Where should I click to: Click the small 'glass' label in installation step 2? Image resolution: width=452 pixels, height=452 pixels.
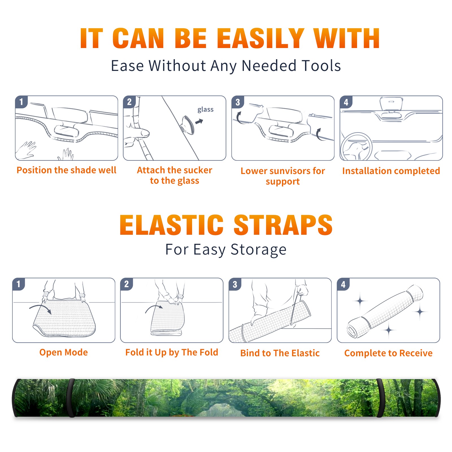[205, 110]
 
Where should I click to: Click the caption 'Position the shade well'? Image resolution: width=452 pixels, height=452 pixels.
[66, 170]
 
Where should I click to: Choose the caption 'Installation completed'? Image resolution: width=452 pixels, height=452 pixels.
[391, 171]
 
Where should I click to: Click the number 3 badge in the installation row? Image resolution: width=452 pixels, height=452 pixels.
[238, 102]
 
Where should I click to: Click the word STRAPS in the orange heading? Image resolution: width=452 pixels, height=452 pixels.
[283, 225]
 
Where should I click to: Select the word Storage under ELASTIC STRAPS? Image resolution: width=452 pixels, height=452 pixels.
[258, 250]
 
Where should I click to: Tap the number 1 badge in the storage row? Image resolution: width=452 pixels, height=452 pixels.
[19, 284]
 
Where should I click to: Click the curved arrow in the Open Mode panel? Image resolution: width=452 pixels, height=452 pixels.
[40, 308]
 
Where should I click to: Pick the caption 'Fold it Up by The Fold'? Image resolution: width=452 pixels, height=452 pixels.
[172, 353]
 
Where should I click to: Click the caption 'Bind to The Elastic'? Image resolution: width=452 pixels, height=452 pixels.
[280, 353]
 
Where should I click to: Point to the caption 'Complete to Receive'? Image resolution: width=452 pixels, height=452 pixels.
[388, 353]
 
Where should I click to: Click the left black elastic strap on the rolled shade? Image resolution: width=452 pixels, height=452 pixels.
[71, 398]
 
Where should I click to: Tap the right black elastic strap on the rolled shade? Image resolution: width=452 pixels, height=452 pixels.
[380, 398]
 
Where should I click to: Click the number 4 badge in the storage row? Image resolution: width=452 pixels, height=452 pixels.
[343, 284]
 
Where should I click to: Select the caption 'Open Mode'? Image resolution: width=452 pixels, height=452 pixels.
[64, 353]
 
